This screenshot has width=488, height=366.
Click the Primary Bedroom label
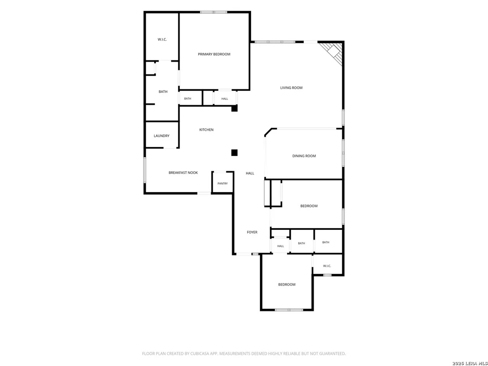click(x=214, y=54)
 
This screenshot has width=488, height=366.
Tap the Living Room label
click(x=291, y=88)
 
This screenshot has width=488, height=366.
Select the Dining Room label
click(x=304, y=156)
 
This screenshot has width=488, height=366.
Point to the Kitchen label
click(x=206, y=130)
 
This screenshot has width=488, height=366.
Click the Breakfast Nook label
click(x=183, y=173)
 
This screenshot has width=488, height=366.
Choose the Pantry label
click(x=222, y=184)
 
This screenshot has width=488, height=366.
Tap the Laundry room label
click(x=162, y=136)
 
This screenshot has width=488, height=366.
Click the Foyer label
click(x=252, y=232)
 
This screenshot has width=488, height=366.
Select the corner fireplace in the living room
click(x=332, y=52)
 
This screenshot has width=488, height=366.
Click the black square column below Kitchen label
click(x=234, y=152)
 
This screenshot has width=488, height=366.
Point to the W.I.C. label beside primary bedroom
click(x=162, y=40)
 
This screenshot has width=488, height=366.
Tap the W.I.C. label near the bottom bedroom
click(x=327, y=266)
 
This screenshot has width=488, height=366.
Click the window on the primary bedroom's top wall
click(x=214, y=12)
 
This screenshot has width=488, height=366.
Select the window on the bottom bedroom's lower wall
click(x=289, y=310)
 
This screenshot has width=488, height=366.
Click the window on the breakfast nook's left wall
click(x=145, y=170)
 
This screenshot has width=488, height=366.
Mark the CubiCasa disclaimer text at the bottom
click(x=244, y=354)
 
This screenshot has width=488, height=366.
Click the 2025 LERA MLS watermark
click(x=470, y=363)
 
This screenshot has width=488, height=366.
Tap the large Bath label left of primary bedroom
click(x=163, y=92)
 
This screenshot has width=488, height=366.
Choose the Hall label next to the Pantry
click(x=250, y=174)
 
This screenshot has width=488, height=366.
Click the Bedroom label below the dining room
click(x=309, y=206)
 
